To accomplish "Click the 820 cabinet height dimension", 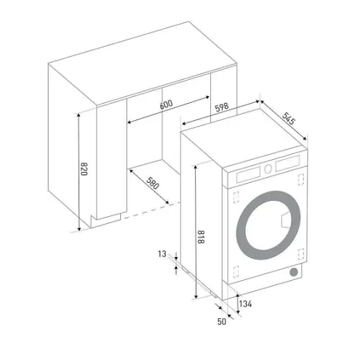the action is pos(84,169).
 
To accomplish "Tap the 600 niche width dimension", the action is pos(166,104).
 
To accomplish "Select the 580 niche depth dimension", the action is pos(153,184).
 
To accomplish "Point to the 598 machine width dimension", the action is pos(222,107).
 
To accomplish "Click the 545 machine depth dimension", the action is pos(288,119).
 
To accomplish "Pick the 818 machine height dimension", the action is pos(201,237).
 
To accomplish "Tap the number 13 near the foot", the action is pos(162,254).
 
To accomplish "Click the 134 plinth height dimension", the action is pos(246,304).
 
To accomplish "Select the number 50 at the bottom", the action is pos(222,322).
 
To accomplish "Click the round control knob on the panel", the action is pos(268,168).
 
